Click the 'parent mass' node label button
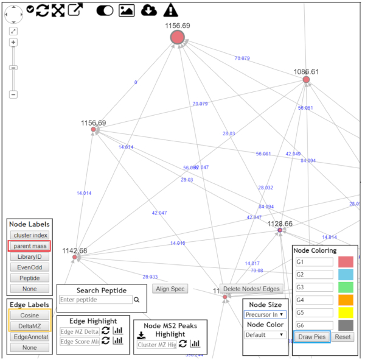[29, 246]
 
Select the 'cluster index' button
[29, 235]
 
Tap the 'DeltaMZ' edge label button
[29, 326]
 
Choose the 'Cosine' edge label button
[29, 315]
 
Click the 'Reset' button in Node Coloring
[342, 337]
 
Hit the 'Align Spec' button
[170, 289]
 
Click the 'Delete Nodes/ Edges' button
[252, 289]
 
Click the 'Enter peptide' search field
[96, 300]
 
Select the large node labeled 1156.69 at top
[177, 38]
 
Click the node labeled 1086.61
[306, 80]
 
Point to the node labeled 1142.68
[74, 258]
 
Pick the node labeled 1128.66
[280, 230]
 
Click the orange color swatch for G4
[346, 300]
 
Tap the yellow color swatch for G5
[346, 312]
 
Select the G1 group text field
[314, 262]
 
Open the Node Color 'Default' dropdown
[265, 334]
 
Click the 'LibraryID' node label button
[29, 257]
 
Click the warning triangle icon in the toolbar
[171, 10]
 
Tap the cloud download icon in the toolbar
[148, 10]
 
